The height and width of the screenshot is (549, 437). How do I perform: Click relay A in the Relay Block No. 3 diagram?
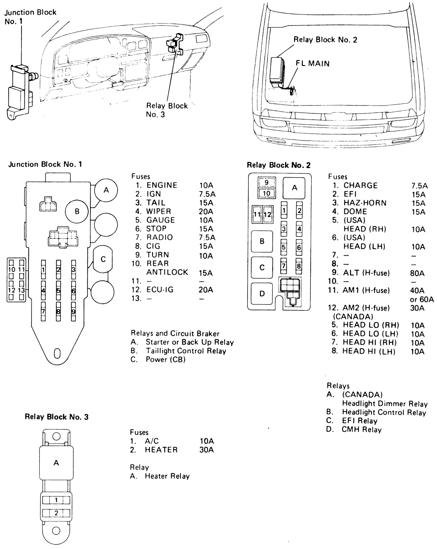tap(56, 463)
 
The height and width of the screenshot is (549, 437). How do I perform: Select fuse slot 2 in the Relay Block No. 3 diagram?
tap(56, 513)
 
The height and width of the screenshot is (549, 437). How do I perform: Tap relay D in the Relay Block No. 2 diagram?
tap(262, 293)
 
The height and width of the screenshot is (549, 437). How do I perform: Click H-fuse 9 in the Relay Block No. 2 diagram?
tap(266, 183)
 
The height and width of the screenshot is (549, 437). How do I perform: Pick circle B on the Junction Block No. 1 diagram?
tap(77, 212)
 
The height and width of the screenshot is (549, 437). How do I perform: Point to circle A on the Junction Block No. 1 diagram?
tap(105, 190)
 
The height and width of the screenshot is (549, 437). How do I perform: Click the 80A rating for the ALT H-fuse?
tap(418, 273)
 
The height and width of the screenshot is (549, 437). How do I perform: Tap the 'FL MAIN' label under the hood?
tap(313, 63)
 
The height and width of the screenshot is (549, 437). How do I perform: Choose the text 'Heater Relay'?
tap(167, 476)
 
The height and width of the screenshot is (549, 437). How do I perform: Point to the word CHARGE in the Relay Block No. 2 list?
tap(360, 185)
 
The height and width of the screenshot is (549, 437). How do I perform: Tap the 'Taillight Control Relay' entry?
tap(186, 351)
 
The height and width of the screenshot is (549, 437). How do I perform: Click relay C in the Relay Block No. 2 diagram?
tap(262, 268)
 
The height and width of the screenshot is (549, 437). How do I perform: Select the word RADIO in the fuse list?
tap(160, 237)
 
